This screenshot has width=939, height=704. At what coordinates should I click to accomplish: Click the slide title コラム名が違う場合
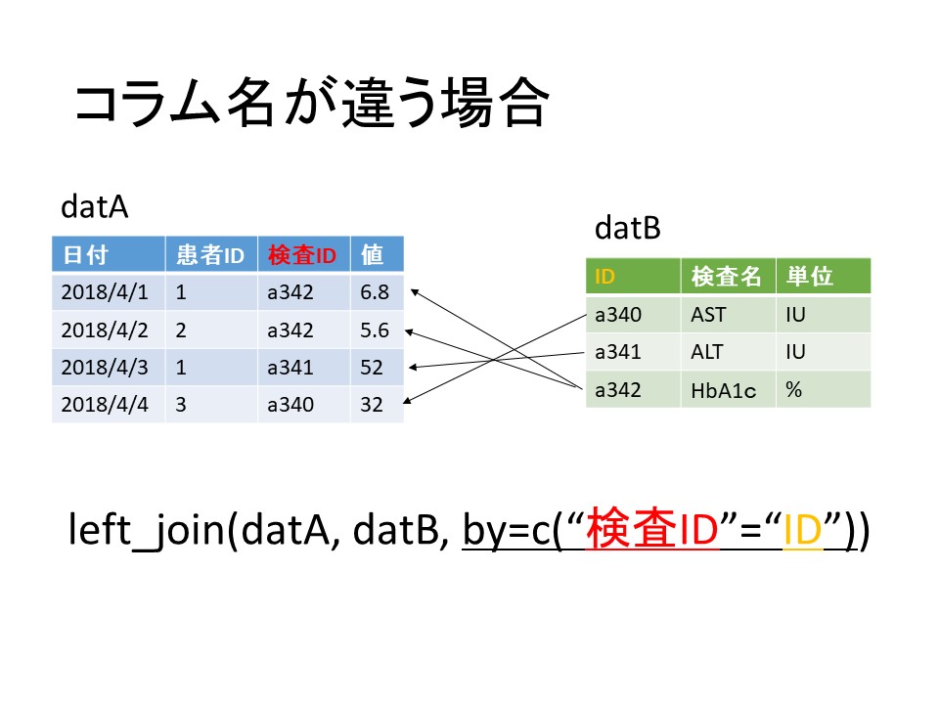pos(311,103)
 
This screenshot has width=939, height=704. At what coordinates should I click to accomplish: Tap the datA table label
pos(95,206)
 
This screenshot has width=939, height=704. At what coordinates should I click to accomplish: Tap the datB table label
pos(628,228)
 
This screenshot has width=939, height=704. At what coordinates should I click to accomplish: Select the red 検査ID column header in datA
pos(302,255)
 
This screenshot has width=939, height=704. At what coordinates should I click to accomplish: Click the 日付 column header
pos(85,255)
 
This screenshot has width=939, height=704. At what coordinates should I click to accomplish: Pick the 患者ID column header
pos(210,255)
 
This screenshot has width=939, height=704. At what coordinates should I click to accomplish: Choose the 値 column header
pos(372,255)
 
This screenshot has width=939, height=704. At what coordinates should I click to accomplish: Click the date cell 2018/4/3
pos(105,367)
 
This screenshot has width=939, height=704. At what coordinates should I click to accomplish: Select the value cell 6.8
pos(375,292)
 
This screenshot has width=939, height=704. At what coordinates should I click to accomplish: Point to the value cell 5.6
pos(375,330)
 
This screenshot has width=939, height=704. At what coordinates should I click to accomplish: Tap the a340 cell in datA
pos(291,405)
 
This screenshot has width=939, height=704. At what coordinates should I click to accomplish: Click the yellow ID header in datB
pos(604,277)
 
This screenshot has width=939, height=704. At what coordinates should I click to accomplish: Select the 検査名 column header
pos(726,277)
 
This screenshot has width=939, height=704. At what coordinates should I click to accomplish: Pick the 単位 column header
pos(810,277)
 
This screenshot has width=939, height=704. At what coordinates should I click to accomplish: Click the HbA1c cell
pos(724,390)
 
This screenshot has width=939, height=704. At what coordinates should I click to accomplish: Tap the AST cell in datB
pos(708,314)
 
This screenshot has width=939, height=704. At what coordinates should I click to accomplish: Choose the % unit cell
pos(794,390)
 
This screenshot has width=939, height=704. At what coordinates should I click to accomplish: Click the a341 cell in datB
pos(618,352)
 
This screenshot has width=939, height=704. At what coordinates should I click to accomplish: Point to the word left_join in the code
pos(147,530)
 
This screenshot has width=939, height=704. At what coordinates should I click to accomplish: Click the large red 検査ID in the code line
pos(652,529)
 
